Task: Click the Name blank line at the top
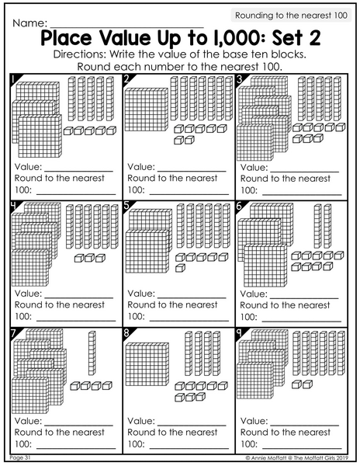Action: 126,27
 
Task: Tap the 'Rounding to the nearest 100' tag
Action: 291,16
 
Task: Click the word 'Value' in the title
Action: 125,38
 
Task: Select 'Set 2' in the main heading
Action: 296,38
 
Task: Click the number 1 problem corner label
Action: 14,80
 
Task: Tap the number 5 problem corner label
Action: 126,205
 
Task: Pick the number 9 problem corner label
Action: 239,333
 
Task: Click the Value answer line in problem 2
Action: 192,172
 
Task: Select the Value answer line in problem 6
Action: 304,298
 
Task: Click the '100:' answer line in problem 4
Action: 76,321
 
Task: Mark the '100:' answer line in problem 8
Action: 189,448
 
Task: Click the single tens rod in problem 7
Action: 92,353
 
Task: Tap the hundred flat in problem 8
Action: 147,364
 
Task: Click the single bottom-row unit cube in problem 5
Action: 180,268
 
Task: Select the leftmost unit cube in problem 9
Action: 297,384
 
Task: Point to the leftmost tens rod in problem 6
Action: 318,226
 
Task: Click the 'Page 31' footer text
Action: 20,457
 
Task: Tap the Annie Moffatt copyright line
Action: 297,458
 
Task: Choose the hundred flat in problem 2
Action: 147,110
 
